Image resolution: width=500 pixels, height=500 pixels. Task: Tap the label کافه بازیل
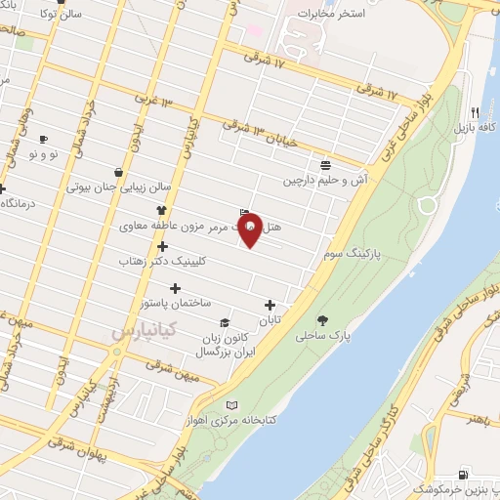click(475, 128)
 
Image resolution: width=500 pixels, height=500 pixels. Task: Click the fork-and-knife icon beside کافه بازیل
click(475, 111)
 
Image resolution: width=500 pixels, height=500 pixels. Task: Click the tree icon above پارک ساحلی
click(322, 319)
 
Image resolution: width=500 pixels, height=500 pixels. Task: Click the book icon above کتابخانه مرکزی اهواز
click(231, 405)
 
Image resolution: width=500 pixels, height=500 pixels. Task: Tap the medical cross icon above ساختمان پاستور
click(176, 288)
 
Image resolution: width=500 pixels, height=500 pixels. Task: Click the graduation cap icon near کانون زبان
click(224, 322)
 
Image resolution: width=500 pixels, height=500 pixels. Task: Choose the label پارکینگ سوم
click(349, 253)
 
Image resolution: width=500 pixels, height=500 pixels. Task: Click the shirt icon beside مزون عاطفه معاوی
click(161, 210)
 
